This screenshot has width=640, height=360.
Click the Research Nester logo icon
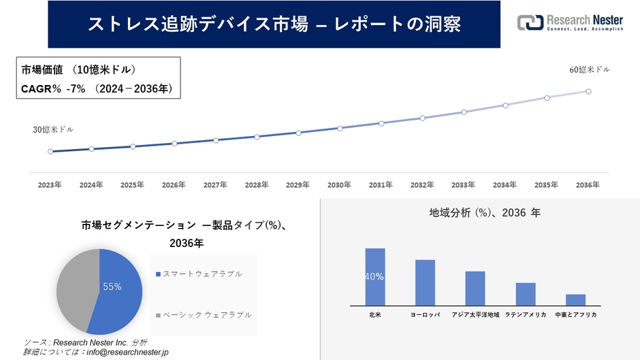pos(530,23)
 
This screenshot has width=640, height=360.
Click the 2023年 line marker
pos(50,151)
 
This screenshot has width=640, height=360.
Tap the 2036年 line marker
pos(588,91)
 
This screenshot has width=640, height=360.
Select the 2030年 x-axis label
pos(339,185)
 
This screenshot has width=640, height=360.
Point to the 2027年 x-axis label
pos(215,185)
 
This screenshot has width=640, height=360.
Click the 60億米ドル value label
pos(590,69)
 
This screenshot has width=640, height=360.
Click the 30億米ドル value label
pos(53,129)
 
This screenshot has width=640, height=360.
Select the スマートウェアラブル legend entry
pos(202,274)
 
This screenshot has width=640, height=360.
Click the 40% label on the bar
pos(374,277)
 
